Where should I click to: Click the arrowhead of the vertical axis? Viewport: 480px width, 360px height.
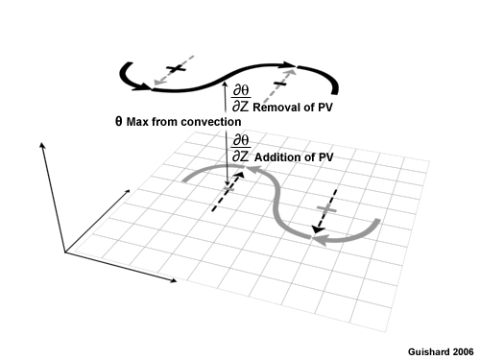coord(42,145)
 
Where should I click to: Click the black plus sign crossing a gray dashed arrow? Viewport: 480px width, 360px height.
coord(174,69)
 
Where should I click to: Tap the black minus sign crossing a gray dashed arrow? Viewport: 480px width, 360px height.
coord(281,86)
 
